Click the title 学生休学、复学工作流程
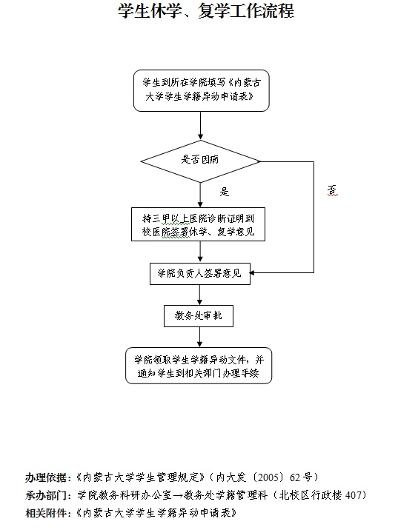click(x=206, y=11)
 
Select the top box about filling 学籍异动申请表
click(x=201, y=90)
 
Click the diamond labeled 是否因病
click(x=200, y=161)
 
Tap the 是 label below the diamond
click(x=225, y=192)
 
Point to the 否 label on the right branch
click(x=332, y=190)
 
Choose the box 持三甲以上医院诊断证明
click(x=198, y=224)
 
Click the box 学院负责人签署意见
click(x=200, y=273)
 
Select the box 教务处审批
click(x=199, y=316)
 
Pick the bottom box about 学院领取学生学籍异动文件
click(x=199, y=366)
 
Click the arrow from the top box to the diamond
click(x=200, y=126)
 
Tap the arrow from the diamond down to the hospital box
click(x=200, y=195)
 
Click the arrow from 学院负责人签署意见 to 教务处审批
click(x=199, y=295)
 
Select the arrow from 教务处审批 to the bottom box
click(x=199, y=337)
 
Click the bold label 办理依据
click(x=46, y=477)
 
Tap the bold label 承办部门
click(x=46, y=495)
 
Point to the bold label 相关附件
click(x=46, y=513)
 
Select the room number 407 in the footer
click(x=354, y=495)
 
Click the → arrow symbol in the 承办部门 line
click(x=178, y=495)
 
